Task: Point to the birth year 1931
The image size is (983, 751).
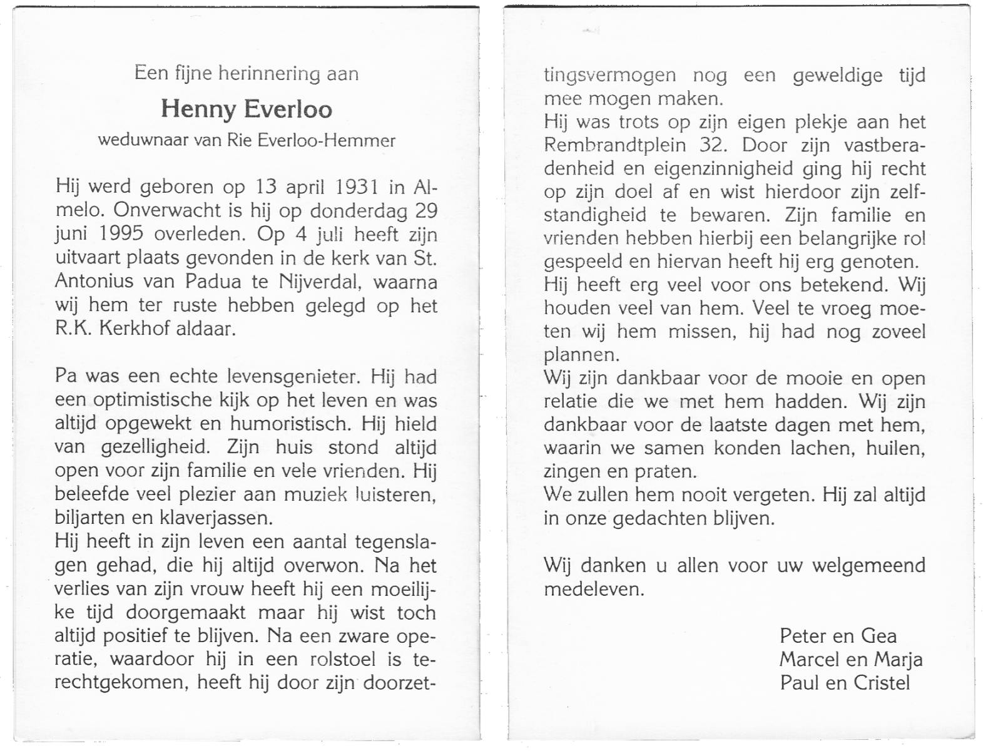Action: click(357, 187)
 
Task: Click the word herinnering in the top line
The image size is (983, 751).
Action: click(268, 74)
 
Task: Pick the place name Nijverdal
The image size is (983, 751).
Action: click(320, 282)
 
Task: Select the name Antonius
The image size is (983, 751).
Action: click(94, 282)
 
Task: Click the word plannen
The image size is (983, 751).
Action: click(581, 355)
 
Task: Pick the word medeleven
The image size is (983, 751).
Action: click(593, 589)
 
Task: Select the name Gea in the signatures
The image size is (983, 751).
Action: click(879, 636)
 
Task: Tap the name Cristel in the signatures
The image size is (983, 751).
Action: click(882, 682)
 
